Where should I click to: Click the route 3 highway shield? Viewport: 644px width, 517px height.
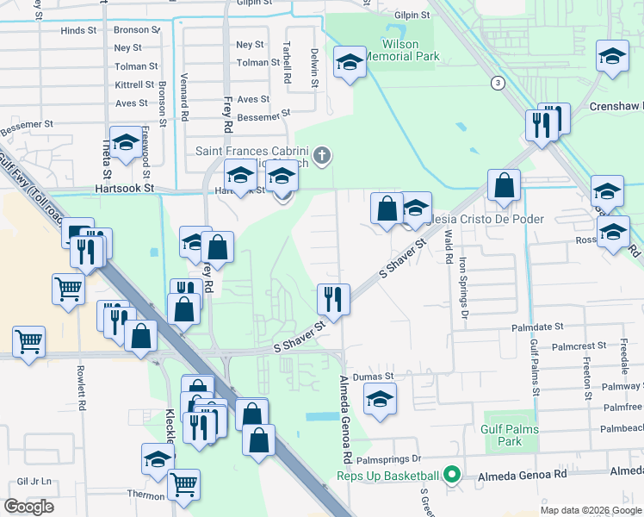(x=498, y=83)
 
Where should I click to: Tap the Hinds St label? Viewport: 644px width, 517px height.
(x=78, y=30)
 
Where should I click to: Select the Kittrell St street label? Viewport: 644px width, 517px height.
(x=135, y=85)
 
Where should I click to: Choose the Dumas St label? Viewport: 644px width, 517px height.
(x=375, y=377)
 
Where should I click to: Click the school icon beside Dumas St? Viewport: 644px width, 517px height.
(x=379, y=399)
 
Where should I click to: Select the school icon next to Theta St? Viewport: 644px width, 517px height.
(x=127, y=145)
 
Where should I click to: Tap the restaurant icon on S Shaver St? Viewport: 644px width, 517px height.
(x=332, y=298)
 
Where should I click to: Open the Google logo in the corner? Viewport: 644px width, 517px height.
(x=28, y=506)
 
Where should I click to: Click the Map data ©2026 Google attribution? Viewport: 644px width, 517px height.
(x=589, y=510)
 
